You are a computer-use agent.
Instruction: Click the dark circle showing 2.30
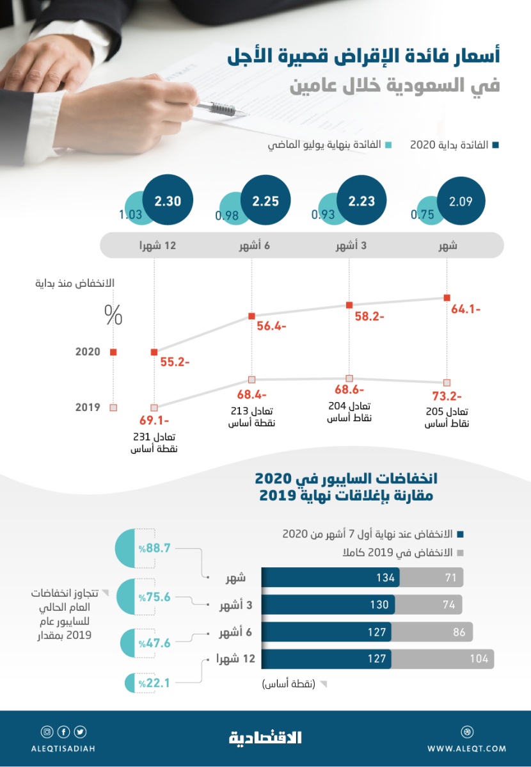point(168,200)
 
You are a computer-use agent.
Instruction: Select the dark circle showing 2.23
point(361,200)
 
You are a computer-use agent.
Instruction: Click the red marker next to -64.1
point(447,297)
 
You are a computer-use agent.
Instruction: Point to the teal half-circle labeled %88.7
point(134,549)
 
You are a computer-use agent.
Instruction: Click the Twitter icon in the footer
point(80,732)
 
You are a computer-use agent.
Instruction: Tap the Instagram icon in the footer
point(47,732)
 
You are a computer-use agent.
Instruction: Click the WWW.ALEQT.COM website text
point(466,748)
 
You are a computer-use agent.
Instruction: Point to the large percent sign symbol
point(113,315)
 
